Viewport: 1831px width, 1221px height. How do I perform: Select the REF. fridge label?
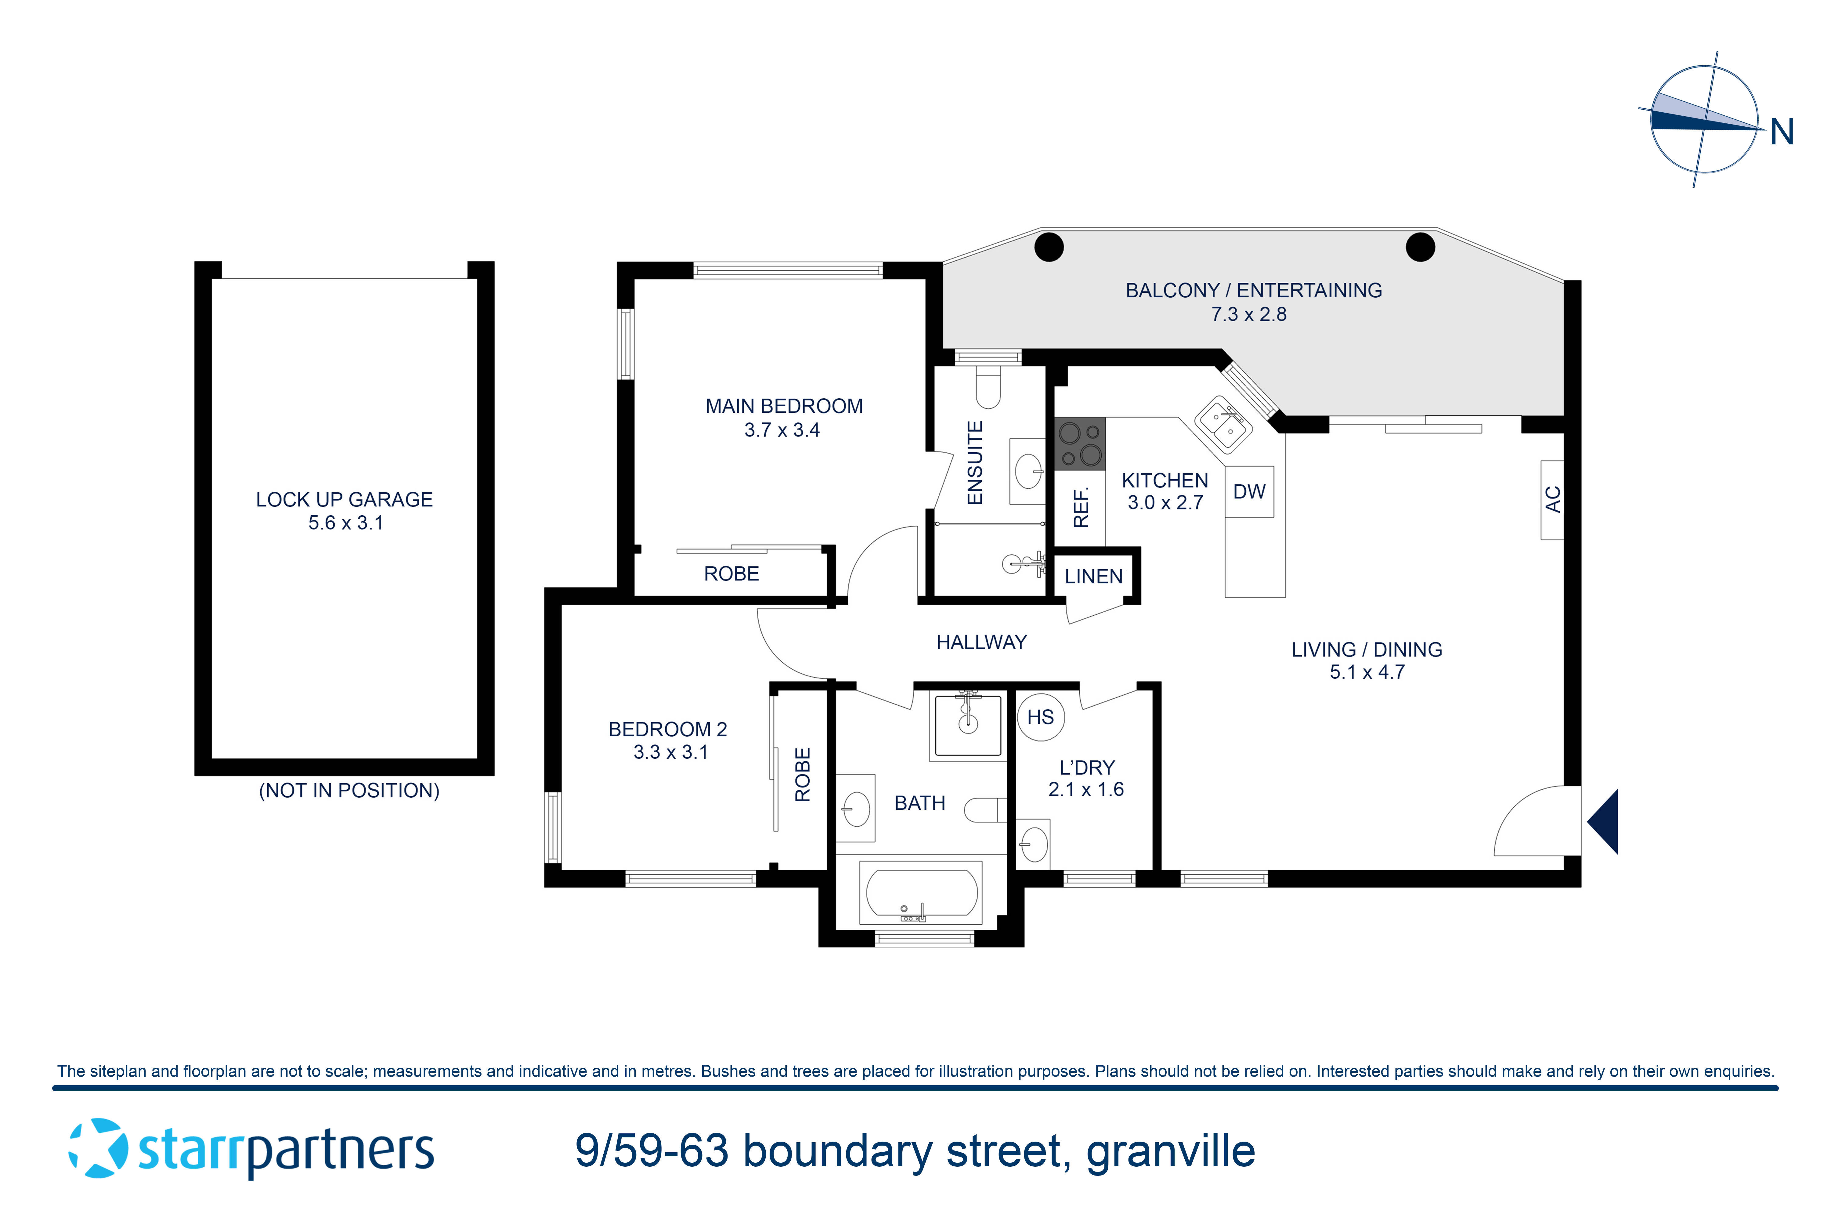click(1081, 508)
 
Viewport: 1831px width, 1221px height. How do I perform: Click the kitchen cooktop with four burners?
click(1080, 444)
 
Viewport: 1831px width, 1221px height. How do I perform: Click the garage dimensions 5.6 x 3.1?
click(346, 523)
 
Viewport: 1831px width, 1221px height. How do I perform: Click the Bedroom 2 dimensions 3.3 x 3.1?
click(670, 752)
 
